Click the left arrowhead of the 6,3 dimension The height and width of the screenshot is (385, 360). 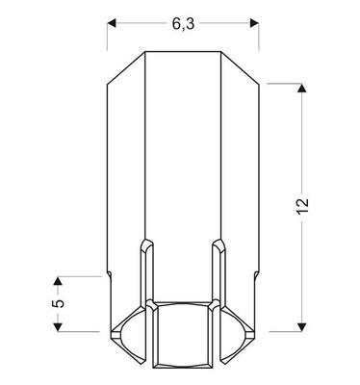(113, 19)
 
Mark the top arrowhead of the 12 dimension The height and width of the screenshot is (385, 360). (303, 89)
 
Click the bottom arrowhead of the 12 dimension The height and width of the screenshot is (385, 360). (303, 324)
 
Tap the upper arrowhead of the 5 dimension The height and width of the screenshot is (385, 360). (57, 281)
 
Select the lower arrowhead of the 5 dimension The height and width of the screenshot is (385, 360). (57, 324)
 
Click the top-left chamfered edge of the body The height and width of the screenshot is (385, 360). (125, 66)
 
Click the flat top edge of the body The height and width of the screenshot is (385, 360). (183, 51)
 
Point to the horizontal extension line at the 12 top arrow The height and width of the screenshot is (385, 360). (284, 84)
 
